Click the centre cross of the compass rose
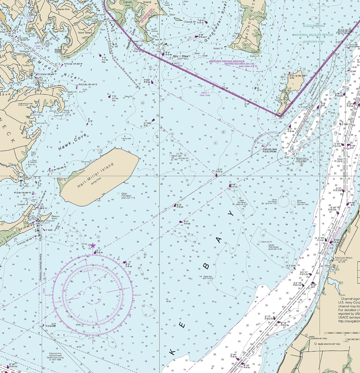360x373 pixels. [x=93, y=295]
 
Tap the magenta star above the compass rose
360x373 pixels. [x=93, y=246]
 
